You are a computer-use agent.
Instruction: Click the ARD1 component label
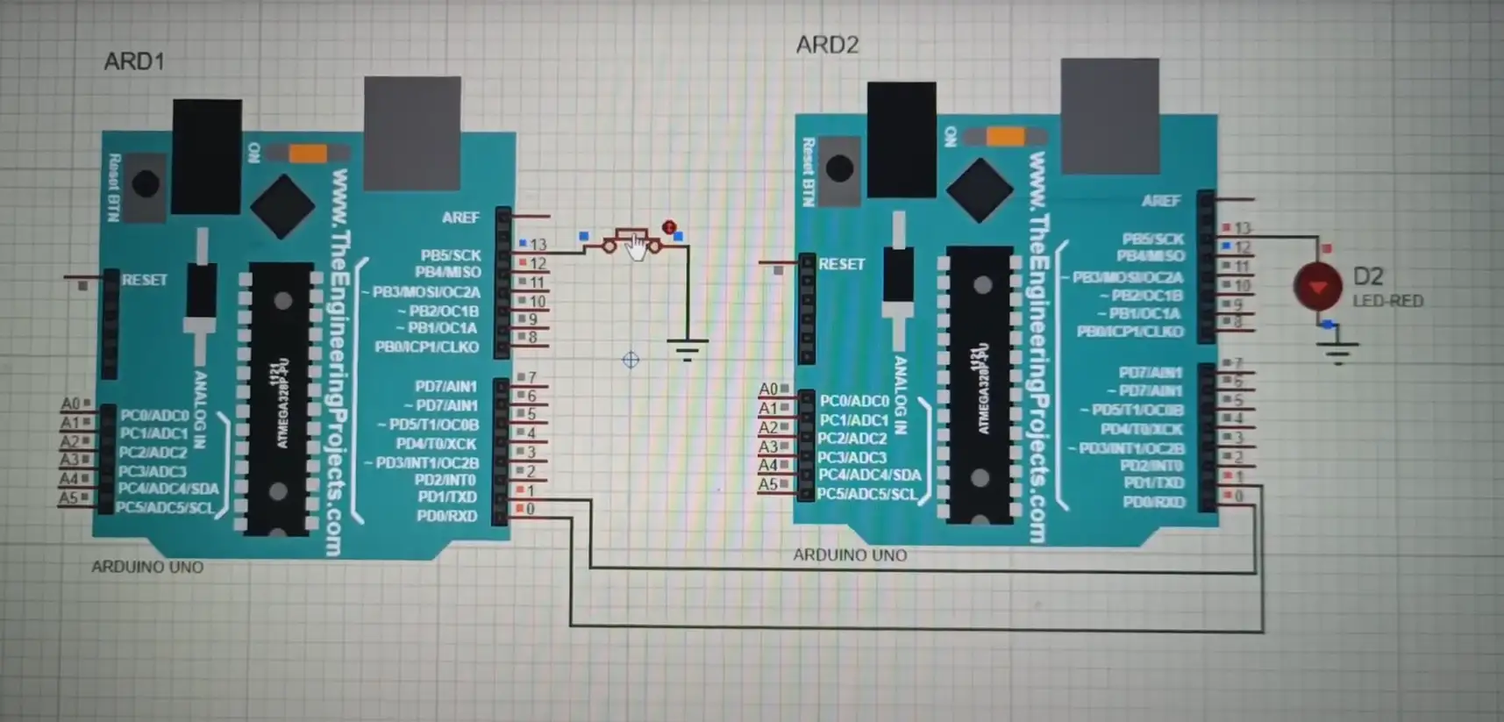(133, 61)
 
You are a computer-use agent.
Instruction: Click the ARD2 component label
(826, 45)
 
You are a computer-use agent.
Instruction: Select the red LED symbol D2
(1317, 287)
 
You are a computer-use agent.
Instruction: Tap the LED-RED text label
(1387, 301)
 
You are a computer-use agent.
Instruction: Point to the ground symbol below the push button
(688, 351)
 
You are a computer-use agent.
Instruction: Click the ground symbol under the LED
(1337, 352)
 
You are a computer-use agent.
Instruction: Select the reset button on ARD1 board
(145, 184)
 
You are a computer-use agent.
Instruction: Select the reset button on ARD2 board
(839, 168)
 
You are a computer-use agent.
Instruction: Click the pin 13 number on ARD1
(538, 245)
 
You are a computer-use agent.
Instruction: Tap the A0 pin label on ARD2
(768, 389)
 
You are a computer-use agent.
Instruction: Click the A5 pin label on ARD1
(69, 498)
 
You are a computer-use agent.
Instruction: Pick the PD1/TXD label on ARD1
(446, 497)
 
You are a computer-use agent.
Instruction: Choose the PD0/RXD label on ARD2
(1153, 502)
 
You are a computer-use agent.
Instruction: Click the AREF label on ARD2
(1160, 201)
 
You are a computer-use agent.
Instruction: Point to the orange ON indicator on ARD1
(308, 154)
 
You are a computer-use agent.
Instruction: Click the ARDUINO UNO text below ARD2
(849, 555)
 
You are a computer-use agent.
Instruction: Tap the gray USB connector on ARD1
(412, 132)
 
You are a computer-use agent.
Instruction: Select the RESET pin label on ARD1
(144, 280)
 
